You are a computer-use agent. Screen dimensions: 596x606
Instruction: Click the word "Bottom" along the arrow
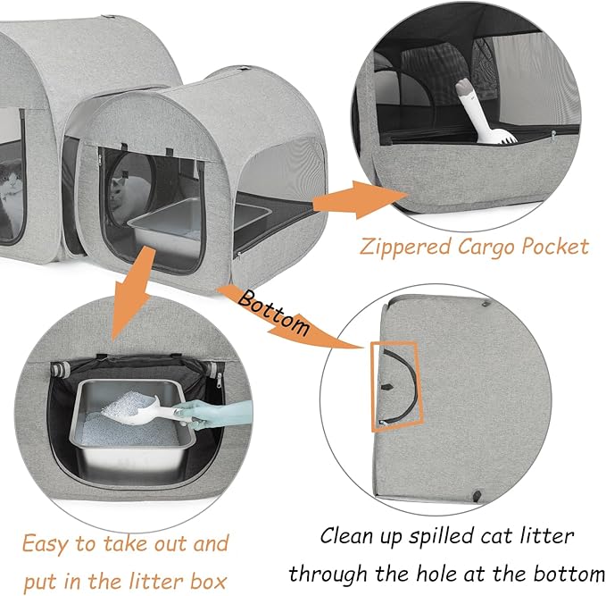(274, 312)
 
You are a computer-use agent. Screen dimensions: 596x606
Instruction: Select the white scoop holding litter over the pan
(146, 411)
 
